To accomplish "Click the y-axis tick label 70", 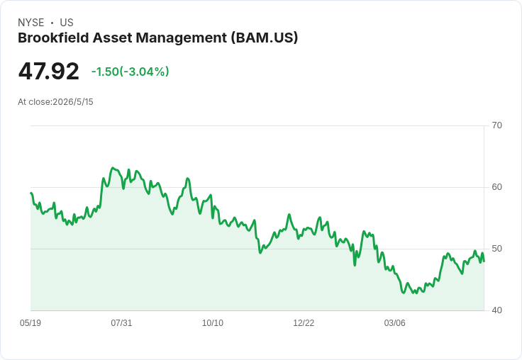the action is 496,125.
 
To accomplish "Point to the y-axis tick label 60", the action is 496,187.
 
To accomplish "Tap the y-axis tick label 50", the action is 496,249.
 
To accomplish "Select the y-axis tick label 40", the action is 496,310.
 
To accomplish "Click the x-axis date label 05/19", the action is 30,322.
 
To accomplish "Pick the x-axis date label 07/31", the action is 121,322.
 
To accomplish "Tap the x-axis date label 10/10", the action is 213,322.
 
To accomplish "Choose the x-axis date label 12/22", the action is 304,322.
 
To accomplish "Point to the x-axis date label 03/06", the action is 395,322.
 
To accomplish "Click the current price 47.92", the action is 49,71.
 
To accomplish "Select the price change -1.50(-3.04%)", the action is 130,72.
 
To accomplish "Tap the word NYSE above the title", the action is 31,23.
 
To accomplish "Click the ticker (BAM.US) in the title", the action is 265,38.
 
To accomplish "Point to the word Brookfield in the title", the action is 53,38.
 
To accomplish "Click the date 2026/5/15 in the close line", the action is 73,102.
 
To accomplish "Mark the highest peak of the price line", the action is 113,168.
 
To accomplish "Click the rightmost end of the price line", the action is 484,261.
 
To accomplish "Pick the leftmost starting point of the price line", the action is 30,193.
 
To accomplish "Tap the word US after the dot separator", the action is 67,23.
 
